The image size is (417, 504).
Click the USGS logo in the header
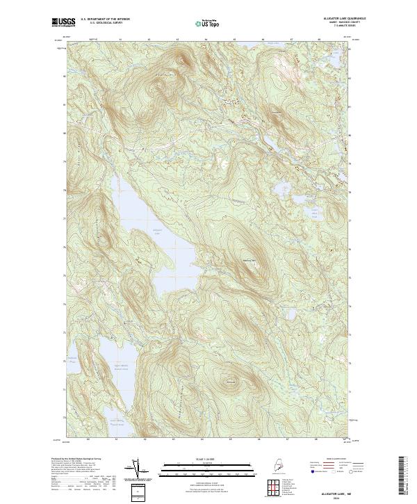[x=63, y=22]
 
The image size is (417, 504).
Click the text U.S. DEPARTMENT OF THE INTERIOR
[x=105, y=19]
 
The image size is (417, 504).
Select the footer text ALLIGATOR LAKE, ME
[x=335, y=491]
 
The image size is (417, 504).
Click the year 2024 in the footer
[x=335, y=496]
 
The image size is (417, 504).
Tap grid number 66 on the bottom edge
[x=259, y=439]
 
